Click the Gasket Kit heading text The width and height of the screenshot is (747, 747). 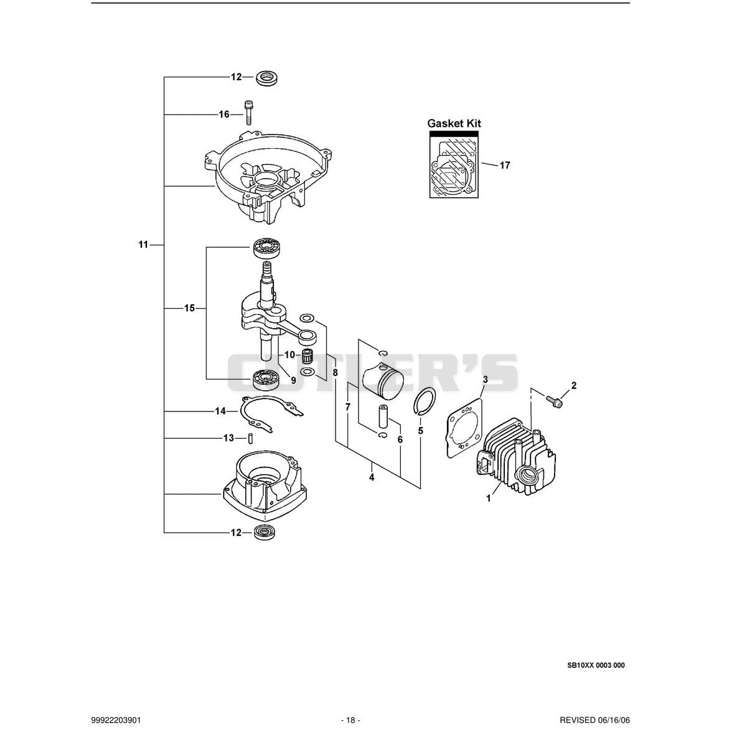pos(454,124)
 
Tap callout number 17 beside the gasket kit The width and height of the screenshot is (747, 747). pos(505,166)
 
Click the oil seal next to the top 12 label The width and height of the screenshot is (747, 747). pos(267,78)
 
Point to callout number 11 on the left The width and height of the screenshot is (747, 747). pos(143,245)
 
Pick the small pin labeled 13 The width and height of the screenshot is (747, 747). pos(250,438)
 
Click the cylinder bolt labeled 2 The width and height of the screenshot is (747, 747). pos(554,402)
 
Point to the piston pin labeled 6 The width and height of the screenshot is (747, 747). pos(383,416)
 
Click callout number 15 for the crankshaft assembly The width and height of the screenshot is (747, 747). pos(189,308)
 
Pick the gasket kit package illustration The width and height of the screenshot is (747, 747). pos(454,164)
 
